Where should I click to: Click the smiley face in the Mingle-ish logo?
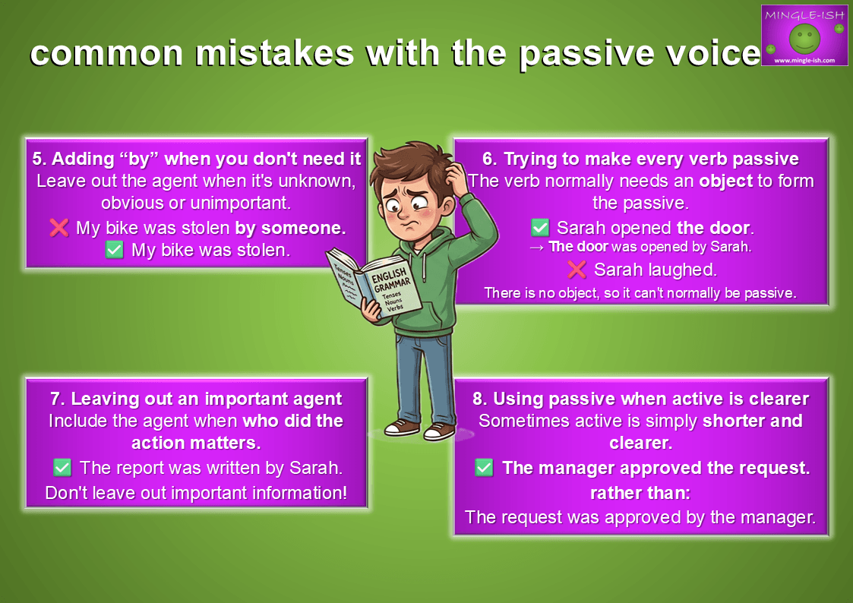tap(804, 38)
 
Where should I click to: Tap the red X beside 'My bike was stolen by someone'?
tap(58, 227)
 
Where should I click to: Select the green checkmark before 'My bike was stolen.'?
tap(114, 250)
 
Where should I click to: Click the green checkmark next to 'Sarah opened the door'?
tap(539, 227)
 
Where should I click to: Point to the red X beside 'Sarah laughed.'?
tap(577, 269)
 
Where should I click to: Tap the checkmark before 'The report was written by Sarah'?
tap(62, 467)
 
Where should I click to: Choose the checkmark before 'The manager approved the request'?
tap(484, 468)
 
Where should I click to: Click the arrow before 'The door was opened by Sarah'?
tap(536, 248)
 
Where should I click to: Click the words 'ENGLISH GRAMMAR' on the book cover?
tap(391, 279)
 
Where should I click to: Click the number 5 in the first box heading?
tap(37, 159)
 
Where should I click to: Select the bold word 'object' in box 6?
tap(725, 181)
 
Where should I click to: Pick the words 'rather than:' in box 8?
tap(640, 493)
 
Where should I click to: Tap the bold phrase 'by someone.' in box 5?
tap(290, 228)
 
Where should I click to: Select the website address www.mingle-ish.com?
tap(804, 60)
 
